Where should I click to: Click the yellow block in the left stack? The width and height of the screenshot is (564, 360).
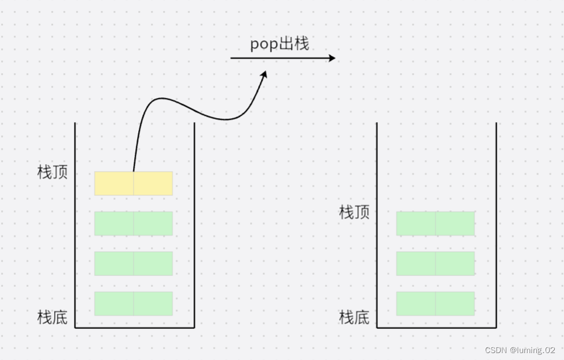point(134,183)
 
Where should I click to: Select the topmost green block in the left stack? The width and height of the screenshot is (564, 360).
point(134,223)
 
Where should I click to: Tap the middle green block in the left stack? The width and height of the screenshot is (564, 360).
point(134,263)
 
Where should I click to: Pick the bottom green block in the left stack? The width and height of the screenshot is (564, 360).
point(134,304)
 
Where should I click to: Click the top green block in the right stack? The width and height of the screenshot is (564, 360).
point(436,223)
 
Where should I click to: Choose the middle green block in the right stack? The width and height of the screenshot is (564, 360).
point(436,263)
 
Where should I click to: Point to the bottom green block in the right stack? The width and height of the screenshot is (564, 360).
point(436,304)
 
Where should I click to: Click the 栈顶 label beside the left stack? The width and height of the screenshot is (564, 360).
point(52,172)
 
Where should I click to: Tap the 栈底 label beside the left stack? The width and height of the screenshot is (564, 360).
point(52,317)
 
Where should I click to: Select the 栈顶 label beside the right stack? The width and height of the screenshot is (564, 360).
point(354,213)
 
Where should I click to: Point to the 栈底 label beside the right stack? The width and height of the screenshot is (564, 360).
point(354,317)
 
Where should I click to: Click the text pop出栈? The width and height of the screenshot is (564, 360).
point(279,44)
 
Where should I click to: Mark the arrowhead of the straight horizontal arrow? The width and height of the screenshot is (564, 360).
point(331,58)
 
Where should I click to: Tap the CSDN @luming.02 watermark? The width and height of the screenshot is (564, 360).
point(520,350)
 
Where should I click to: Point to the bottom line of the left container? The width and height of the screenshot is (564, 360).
point(134,327)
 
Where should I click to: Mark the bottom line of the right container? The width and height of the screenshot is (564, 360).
point(436,328)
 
